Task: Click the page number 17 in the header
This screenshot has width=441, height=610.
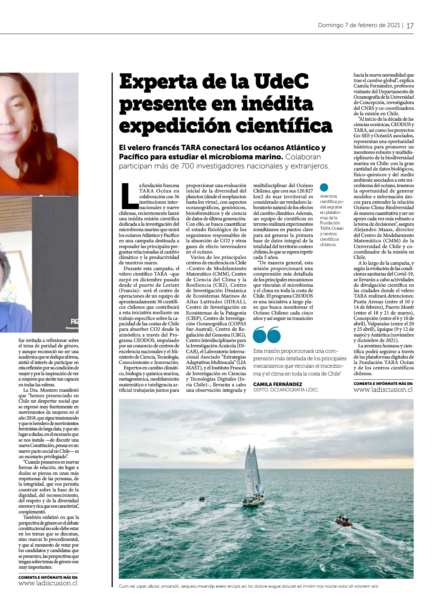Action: pos(410,26)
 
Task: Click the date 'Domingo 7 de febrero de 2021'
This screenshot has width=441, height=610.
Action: pos(359,25)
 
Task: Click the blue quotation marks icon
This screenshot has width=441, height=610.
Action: pos(267,335)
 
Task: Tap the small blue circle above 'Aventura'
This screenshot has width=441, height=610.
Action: pos(324,187)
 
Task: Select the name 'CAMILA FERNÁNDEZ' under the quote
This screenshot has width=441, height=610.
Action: pos(277,384)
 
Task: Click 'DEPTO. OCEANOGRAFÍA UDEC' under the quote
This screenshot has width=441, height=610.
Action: pos(286,390)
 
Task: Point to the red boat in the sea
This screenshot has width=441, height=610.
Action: pos(344,520)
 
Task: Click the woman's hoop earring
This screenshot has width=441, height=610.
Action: pos(35,128)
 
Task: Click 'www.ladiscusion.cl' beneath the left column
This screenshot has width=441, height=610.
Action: pos(48,583)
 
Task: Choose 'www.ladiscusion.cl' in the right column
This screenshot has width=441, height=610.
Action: pos(383,390)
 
